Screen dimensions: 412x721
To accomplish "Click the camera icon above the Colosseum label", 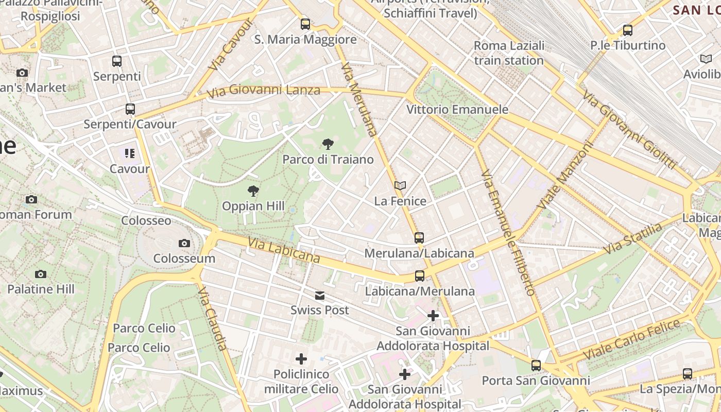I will click(184, 243).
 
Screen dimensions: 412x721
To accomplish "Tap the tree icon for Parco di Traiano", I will click(328, 144).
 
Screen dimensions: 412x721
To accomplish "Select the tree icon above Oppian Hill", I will click(253, 191).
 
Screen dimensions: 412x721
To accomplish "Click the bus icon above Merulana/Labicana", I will click(419, 238).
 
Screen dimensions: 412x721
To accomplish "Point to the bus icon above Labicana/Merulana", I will click(420, 276).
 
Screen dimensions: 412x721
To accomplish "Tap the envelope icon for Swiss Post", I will click(320, 295).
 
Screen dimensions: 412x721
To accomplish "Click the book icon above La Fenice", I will click(400, 185).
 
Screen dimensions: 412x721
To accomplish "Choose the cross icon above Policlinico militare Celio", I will click(301, 358).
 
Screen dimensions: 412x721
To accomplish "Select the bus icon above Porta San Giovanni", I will click(536, 366).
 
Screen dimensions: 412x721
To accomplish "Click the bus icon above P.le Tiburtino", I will click(628, 30).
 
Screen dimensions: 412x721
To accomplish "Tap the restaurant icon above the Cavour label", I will click(129, 153).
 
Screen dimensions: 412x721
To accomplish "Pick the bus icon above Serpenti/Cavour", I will click(130, 109).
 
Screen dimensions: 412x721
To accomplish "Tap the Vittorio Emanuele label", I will click(457, 110).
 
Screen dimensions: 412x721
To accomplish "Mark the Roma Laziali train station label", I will click(509, 53).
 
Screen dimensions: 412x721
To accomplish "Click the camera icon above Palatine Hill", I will click(41, 274).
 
